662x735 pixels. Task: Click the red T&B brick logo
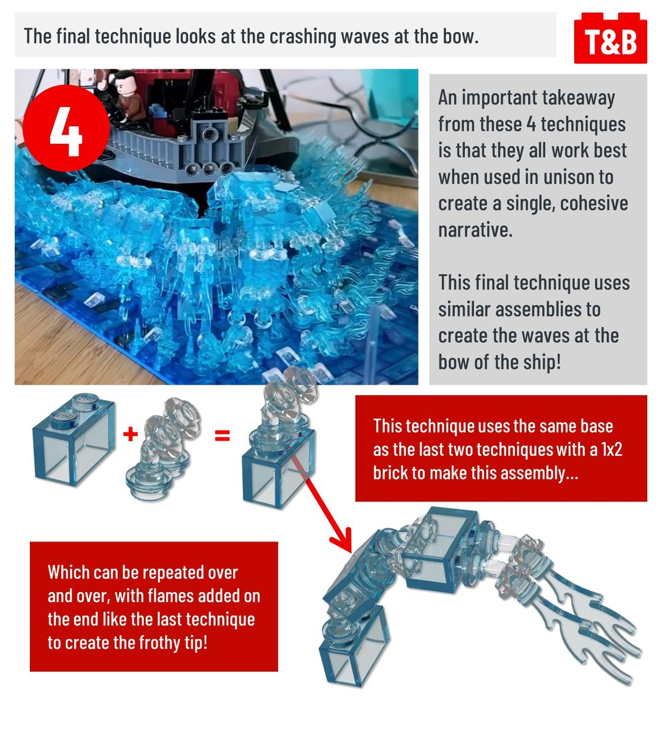click(x=611, y=38)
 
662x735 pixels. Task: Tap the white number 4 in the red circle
click(x=66, y=132)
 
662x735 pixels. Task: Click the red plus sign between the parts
click(x=131, y=434)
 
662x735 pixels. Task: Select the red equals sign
click(x=223, y=435)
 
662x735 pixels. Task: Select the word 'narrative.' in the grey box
click(x=475, y=230)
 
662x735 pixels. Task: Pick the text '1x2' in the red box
click(x=611, y=449)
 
